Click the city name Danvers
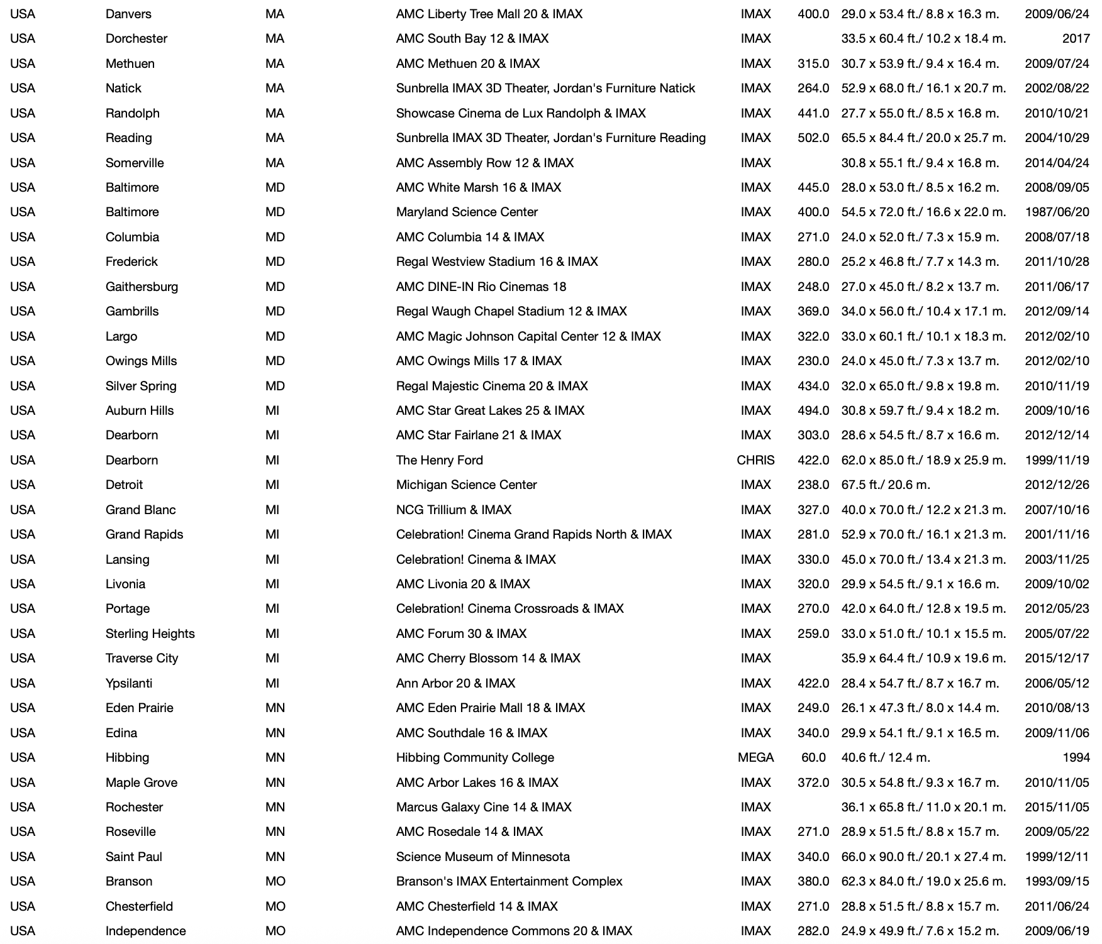point(128,14)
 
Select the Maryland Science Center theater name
point(467,212)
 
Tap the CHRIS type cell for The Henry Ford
point(755,460)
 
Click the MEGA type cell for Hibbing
point(755,757)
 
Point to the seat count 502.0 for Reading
point(813,138)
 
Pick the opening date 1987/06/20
point(1057,212)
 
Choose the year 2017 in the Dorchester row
point(1076,38)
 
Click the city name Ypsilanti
point(129,683)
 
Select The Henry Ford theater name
point(439,460)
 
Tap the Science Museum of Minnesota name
point(482,857)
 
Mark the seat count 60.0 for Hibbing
point(813,757)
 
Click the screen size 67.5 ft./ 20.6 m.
point(886,485)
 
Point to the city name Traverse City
point(142,658)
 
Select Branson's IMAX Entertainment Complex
point(509,881)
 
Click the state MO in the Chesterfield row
point(275,906)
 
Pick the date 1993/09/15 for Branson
point(1057,881)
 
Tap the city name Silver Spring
point(141,386)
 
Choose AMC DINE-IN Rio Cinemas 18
point(481,287)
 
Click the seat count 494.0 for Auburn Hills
point(813,410)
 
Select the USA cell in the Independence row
point(23,931)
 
